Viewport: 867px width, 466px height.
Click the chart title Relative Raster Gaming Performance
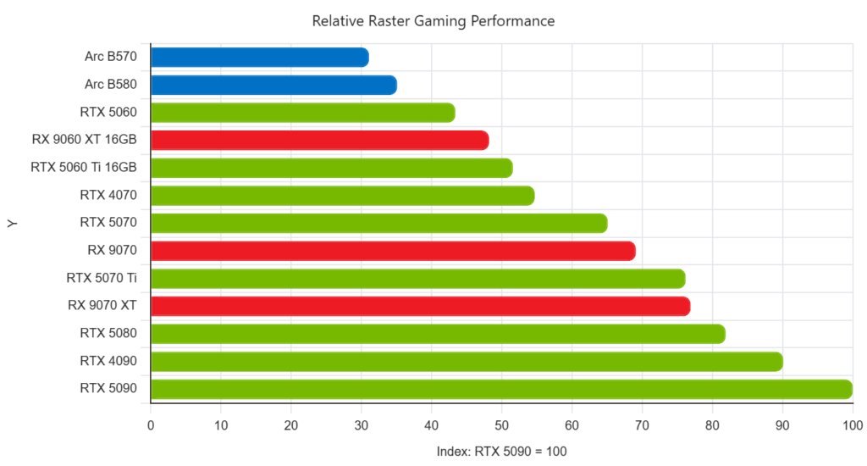(x=433, y=21)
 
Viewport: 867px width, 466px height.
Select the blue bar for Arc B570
(x=260, y=57)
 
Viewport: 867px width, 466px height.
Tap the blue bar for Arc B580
(x=273, y=85)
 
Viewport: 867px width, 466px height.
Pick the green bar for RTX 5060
(x=303, y=113)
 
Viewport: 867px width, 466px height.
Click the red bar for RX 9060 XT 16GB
(x=319, y=140)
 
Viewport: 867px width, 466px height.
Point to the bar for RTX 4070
(x=343, y=196)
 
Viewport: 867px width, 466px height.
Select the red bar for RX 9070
(x=393, y=251)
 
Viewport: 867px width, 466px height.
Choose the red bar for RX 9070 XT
(x=420, y=306)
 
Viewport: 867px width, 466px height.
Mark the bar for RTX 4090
(x=467, y=362)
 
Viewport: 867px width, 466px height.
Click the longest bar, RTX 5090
(x=501, y=389)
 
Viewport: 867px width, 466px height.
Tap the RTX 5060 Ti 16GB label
(x=84, y=167)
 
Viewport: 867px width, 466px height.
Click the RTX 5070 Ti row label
(x=102, y=278)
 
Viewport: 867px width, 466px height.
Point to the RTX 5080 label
(x=108, y=333)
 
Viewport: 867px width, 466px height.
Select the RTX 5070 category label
(x=108, y=223)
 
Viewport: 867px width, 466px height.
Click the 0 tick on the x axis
(x=151, y=425)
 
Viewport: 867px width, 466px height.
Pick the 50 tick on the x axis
(x=501, y=425)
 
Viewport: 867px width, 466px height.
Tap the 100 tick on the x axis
(x=853, y=425)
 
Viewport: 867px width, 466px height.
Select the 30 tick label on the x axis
(x=361, y=425)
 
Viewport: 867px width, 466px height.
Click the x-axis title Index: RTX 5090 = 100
(x=501, y=452)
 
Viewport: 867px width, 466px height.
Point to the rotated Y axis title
(x=12, y=224)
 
